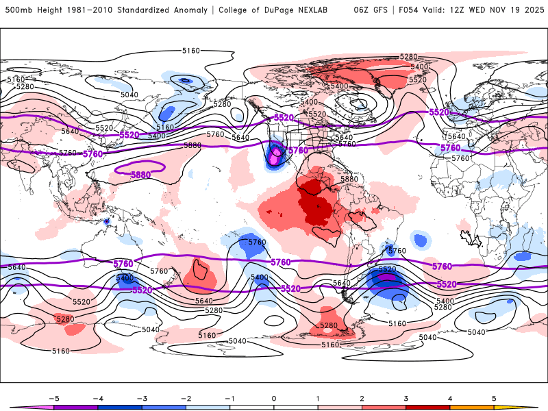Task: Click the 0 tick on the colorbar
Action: coord(274,397)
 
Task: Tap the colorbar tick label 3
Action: coord(406,397)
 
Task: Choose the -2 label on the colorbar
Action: coord(186,397)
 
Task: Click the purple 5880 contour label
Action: coord(140,175)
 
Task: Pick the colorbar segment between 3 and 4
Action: coord(428,407)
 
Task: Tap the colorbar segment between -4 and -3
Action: coord(120,407)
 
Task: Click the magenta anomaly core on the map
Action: coord(275,157)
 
